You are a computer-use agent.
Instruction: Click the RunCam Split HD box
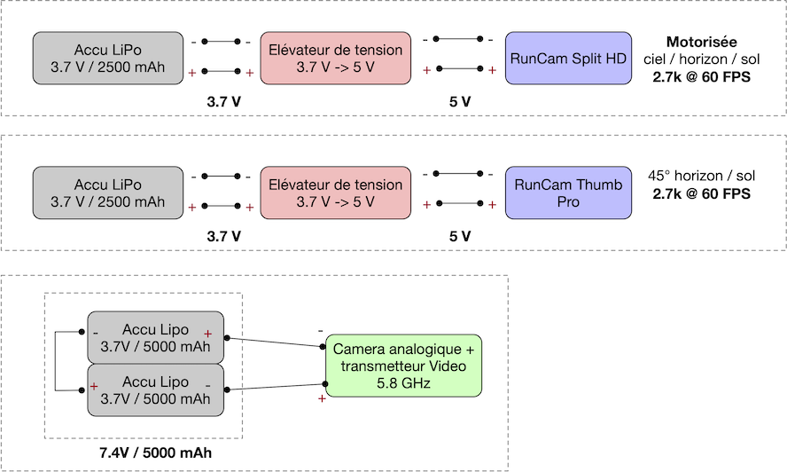click(568, 59)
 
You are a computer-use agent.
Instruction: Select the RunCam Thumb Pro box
click(568, 193)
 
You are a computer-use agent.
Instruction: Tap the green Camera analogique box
click(403, 366)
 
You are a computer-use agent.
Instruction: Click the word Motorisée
click(702, 42)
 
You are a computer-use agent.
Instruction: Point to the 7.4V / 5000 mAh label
click(156, 452)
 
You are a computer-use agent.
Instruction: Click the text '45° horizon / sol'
click(702, 176)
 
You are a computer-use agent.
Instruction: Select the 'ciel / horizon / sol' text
click(702, 59)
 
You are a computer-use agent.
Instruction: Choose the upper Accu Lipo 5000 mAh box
click(156, 338)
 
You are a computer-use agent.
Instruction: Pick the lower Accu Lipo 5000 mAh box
click(156, 390)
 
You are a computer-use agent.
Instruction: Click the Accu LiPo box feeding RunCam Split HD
click(108, 59)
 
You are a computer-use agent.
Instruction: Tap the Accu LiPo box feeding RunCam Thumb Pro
click(108, 193)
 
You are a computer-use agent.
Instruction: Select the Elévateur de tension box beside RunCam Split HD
click(335, 59)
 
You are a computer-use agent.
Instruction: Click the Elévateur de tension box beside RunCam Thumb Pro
click(335, 193)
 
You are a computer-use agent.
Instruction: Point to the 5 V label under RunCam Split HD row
click(460, 101)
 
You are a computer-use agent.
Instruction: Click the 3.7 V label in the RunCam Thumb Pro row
click(224, 236)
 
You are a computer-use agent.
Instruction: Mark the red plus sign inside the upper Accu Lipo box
click(207, 334)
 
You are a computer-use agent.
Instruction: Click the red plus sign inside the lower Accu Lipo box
click(94, 386)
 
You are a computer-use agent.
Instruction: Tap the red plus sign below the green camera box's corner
click(322, 398)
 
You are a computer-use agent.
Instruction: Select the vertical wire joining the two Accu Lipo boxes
click(55, 361)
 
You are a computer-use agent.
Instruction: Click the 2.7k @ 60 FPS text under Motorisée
click(702, 77)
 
